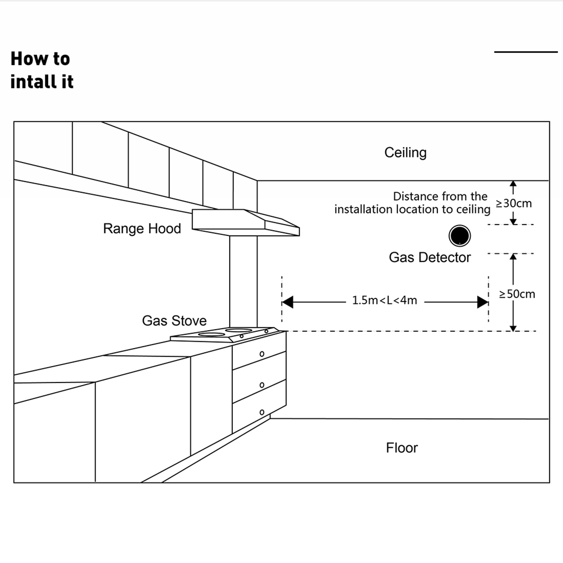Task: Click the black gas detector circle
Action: tap(460, 235)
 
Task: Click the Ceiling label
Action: tap(405, 153)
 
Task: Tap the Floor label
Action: tap(402, 448)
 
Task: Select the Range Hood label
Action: tap(142, 229)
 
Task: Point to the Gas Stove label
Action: tap(174, 321)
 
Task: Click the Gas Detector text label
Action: tap(430, 257)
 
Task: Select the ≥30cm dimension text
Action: tap(514, 203)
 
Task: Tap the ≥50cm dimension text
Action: tap(517, 294)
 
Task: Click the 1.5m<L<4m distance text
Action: tap(385, 300)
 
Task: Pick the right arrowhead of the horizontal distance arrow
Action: tap(482, 302)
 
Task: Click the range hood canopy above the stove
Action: tap(246, 222)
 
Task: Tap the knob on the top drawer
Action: tap(262, 354)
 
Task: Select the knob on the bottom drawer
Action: tap(262, 412)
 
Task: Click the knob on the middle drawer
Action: tap(262, 385)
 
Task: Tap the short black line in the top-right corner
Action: tap(526, 52)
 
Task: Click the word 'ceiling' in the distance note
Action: tap(473, 210)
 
